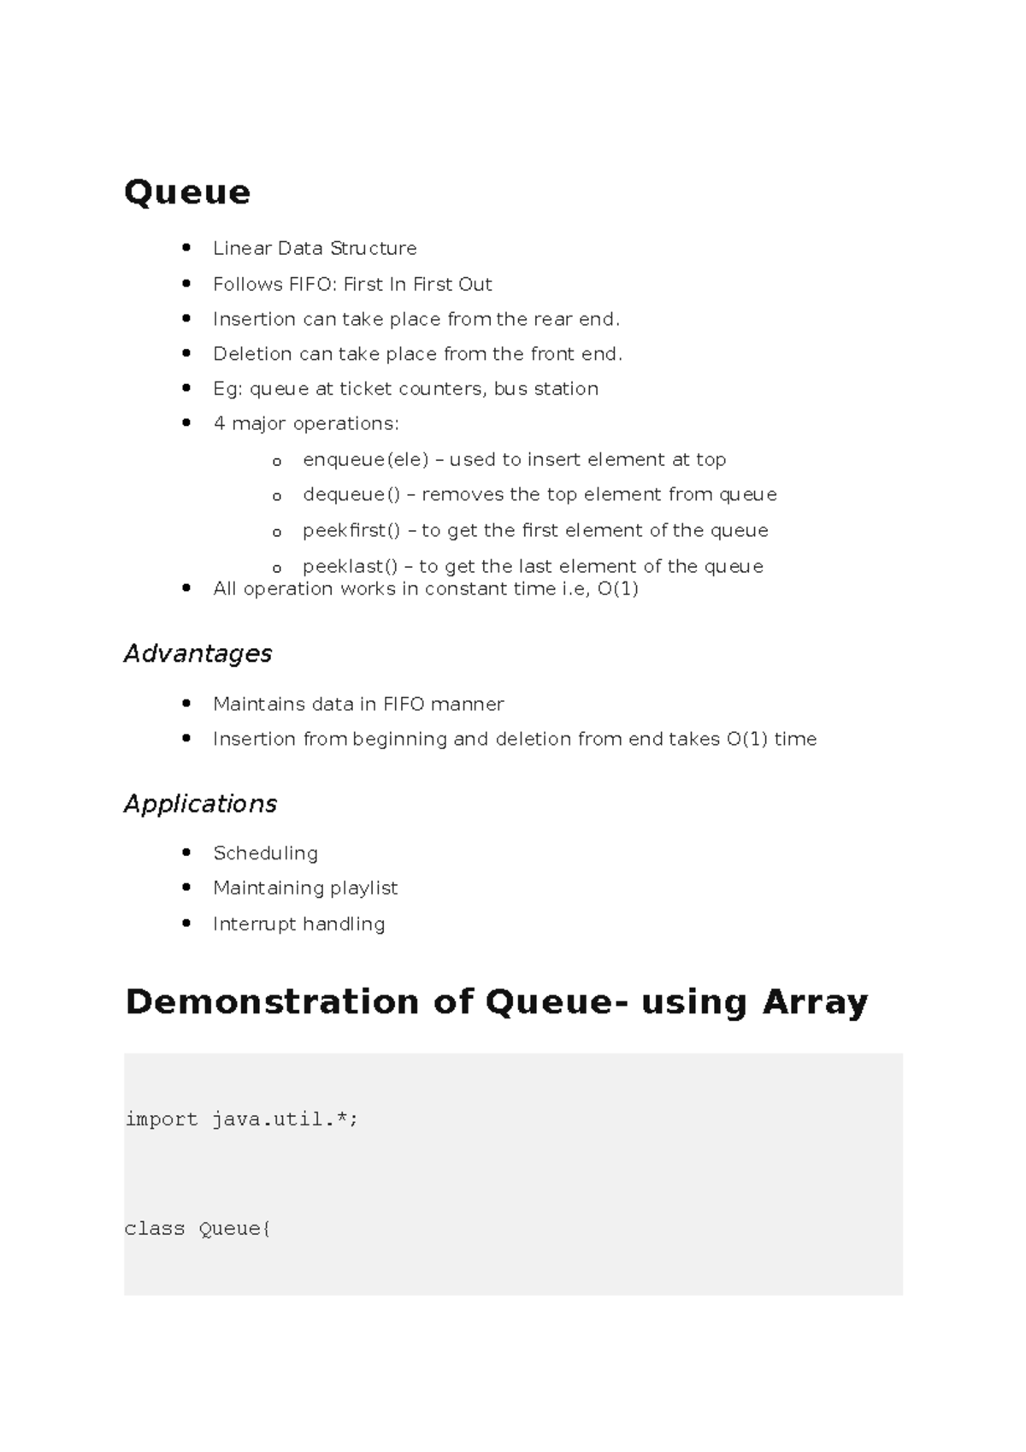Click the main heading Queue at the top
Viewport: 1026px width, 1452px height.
pos(187,192)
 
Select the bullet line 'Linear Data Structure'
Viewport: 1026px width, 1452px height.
pos(315,248)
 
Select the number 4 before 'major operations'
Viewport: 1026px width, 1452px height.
pos(220,424)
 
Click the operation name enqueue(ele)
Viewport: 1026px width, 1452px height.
pos(366,460)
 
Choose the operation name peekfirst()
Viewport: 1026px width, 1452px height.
pos(351,531)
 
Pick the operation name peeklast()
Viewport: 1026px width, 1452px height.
pos(351,566)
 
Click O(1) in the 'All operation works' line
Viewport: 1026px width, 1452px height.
pos(617,589)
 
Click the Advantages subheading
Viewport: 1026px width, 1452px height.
pos(198,654)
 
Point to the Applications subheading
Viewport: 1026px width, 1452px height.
pos(200,804)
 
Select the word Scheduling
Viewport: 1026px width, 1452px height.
pos(265,853)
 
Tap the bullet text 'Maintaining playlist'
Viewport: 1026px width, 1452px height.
pos(305,888)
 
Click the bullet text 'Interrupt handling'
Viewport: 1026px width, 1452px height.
pos(298,924)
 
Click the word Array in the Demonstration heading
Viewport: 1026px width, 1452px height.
pos(815,1002)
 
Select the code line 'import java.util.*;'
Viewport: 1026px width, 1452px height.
pos(241,1119)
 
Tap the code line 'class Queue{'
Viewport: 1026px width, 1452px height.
pos(198,1229)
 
